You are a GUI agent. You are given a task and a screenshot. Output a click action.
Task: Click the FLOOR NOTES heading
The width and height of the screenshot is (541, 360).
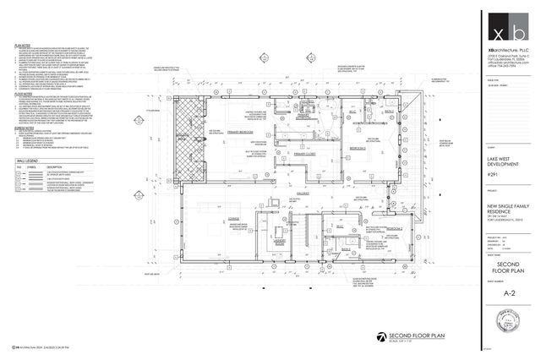click(24, 95)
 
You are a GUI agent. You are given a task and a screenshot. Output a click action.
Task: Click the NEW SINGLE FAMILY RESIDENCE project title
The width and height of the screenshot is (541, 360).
click(504, 210)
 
